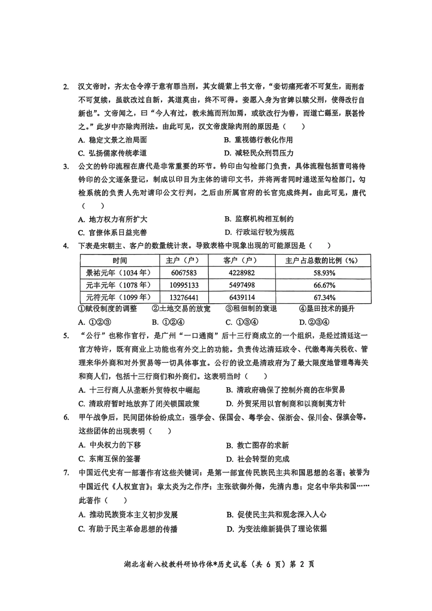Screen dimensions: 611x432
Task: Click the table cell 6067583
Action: tap(184, 273)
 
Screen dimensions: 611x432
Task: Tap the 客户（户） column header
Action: tap(241, 260)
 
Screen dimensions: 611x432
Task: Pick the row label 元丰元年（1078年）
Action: tap(119, 285)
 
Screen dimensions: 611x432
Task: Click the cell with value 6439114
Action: tap(241, 298)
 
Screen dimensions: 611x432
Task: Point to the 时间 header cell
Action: tap(120, 260)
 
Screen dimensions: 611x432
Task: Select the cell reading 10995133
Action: tap(184, 285)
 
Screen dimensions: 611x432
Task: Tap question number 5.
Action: tap(66, 336)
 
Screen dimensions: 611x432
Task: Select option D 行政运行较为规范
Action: tap(260, 232)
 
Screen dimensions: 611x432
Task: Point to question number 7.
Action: tap(66, 473)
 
